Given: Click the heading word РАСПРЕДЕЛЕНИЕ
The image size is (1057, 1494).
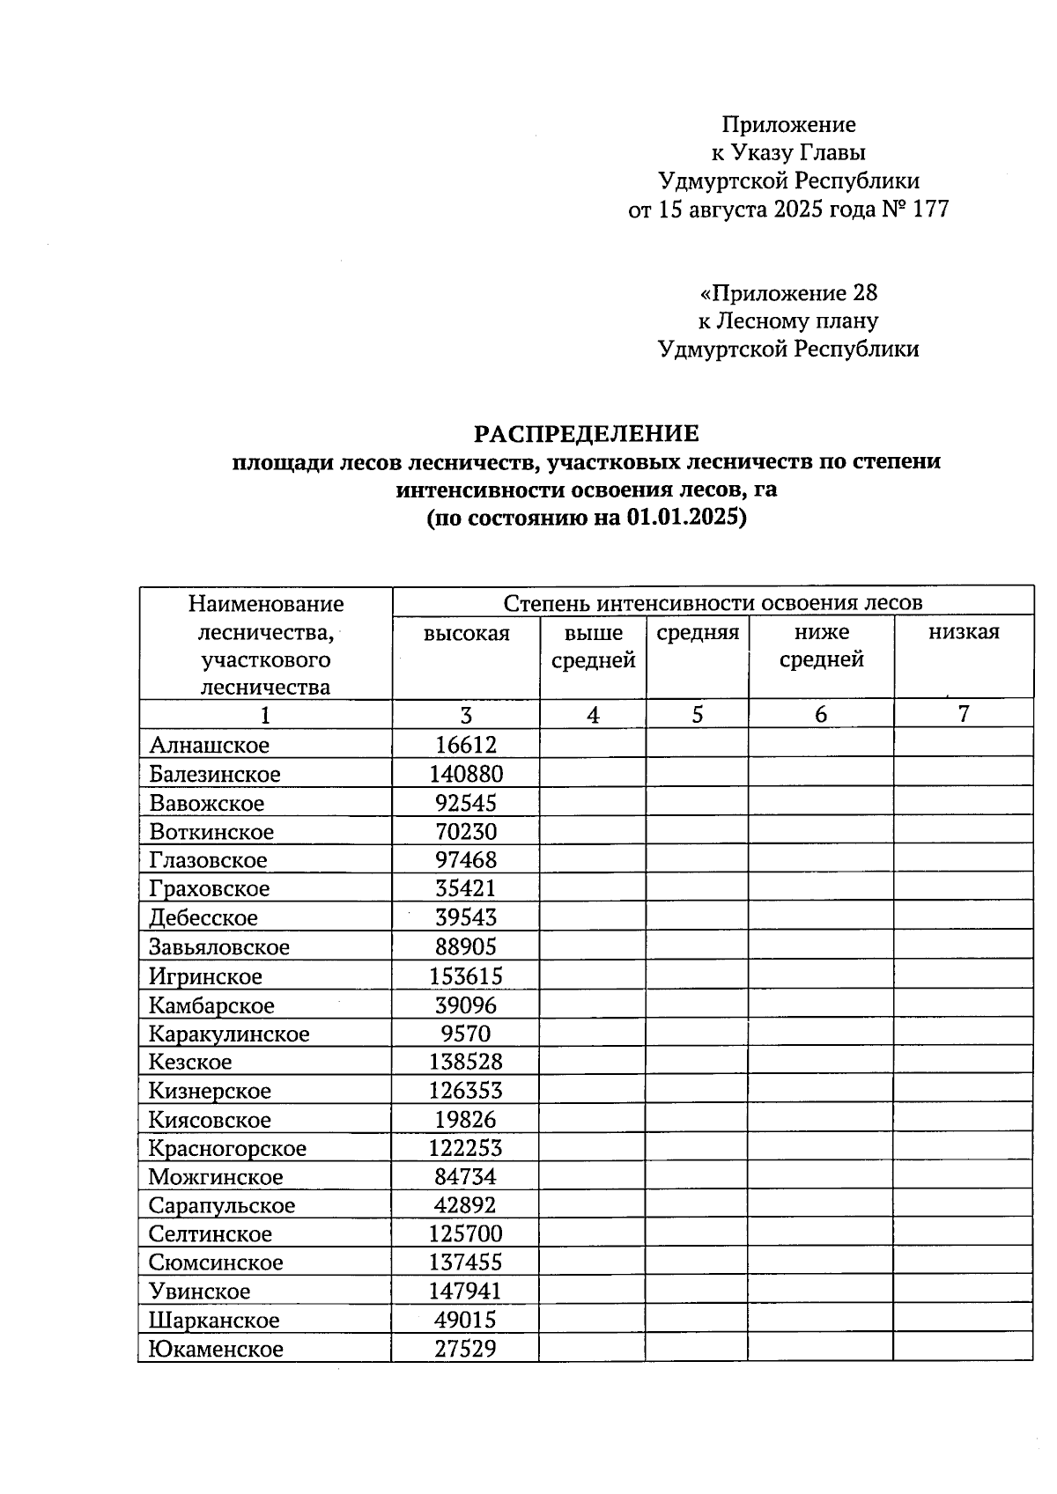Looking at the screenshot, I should coord(586,433).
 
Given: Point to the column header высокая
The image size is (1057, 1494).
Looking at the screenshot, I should coord(466,634).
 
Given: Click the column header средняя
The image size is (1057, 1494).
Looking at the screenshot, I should coord(698,632).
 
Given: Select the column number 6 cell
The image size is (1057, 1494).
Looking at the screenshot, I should coord(821,714).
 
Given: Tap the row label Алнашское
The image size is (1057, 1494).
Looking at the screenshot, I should coord(209,746).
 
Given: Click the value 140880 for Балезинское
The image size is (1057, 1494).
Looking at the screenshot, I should coord(466,775).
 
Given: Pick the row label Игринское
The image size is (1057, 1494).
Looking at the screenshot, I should coord(205,976).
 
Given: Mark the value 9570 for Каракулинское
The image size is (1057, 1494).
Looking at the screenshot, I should coord(466,1034).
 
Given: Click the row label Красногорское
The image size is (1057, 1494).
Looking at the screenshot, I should coord(227,1149).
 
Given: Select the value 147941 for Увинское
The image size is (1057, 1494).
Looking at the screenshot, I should coord(465,1292).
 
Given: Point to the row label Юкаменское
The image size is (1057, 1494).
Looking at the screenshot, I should coord(216,1350).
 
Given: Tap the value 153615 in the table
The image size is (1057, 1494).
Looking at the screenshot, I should coord(466,976).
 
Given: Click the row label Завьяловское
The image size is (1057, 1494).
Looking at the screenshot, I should coord(218,947).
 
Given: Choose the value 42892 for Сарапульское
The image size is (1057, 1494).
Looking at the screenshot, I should coord(465,1205).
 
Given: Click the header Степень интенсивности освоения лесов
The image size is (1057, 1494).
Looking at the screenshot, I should coord(713,603).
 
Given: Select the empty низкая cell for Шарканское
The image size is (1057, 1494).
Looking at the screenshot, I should coord(963,1320).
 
